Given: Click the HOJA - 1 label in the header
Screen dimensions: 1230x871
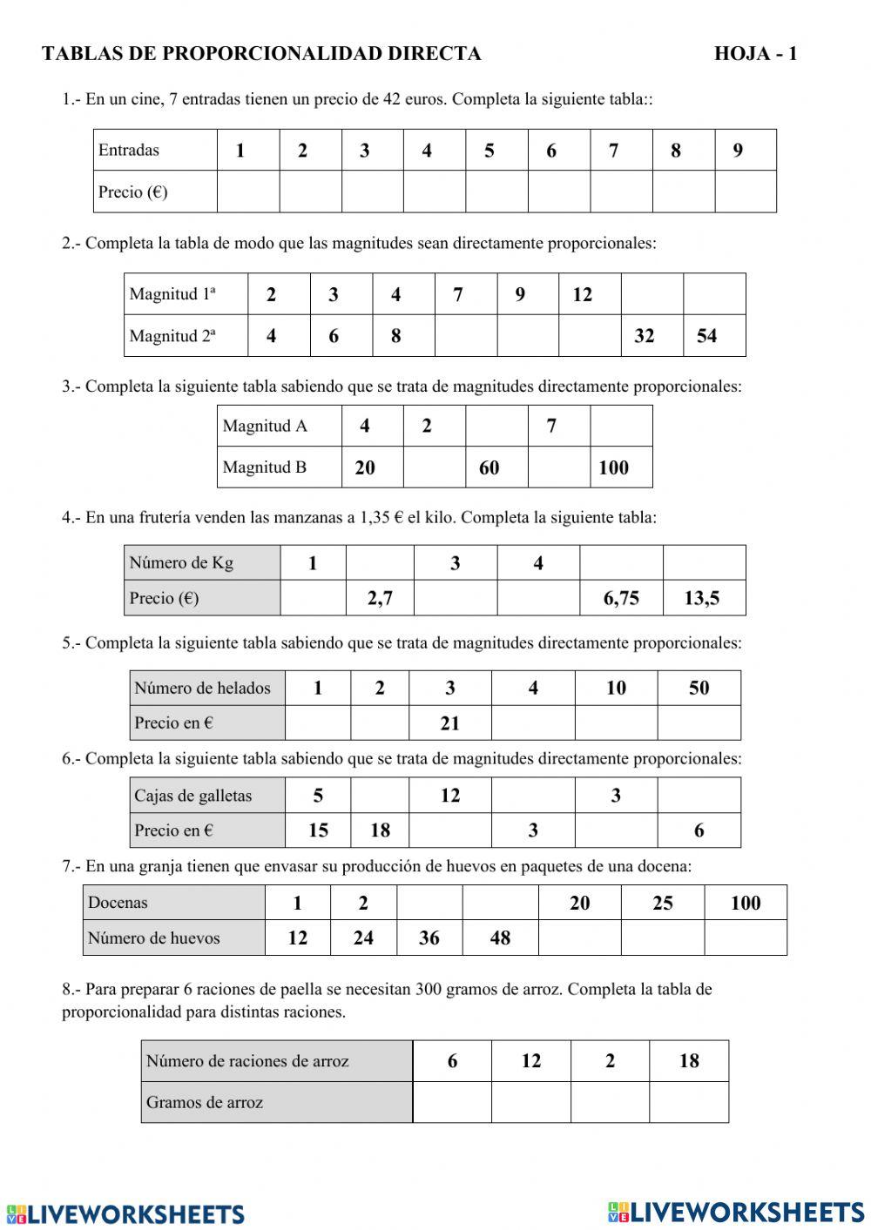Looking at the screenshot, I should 755,54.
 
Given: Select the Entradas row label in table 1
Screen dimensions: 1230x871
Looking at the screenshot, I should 129,150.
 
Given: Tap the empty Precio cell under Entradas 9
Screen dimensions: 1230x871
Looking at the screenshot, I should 746,192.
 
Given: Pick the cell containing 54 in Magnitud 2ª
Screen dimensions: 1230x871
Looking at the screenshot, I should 706,336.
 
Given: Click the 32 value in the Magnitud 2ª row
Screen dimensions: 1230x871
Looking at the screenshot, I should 645,336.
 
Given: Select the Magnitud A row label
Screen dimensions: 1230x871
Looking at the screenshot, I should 265,426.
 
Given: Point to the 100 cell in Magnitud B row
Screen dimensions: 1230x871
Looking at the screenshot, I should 613,467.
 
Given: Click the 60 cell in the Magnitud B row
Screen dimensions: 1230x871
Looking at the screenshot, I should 490,467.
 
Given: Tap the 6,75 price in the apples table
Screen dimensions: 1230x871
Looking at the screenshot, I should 621,598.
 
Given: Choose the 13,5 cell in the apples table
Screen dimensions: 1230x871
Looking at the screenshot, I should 702,598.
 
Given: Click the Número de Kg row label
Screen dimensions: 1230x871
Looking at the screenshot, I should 181,562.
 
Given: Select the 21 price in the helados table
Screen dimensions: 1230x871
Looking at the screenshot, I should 449,723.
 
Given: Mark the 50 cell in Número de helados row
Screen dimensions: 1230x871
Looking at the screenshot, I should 699,688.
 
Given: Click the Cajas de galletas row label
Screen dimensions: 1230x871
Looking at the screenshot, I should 192,796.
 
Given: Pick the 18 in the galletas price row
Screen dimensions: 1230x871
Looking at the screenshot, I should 380,830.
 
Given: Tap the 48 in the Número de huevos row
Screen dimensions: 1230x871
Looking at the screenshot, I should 500,938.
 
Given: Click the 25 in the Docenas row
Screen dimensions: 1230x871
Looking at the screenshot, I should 662,903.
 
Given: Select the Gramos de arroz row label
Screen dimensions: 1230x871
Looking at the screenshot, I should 205,1102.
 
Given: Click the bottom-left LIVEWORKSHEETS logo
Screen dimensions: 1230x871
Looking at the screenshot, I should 125,1213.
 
